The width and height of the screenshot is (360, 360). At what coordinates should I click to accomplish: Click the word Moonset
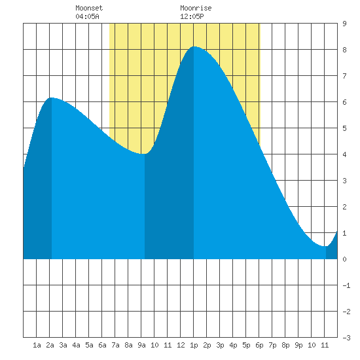[x=89, y=8]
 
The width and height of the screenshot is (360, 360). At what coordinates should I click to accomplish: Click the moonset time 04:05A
[x=87, y=16]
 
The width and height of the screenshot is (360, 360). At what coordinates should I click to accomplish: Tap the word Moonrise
[x=196, y=8]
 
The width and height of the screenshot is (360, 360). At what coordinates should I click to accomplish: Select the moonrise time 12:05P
[x=192, y=16]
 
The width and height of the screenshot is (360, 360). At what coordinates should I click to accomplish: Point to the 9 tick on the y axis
[x=344, y=24]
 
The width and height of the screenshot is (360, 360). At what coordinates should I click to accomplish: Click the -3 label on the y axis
[x=346, y=338]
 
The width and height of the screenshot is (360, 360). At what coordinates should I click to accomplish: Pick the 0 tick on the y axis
[x=344, y=259]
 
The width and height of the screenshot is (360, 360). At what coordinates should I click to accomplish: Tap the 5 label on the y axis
[x=344, y=128]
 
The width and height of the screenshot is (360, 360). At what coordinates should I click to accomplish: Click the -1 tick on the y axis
[x=346, y=285]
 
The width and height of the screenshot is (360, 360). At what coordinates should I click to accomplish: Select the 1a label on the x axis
[x=37, y=345]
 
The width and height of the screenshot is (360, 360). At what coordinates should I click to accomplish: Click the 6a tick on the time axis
[x=102, y=345]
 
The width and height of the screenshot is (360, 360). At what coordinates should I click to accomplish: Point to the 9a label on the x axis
[x=141, y=345]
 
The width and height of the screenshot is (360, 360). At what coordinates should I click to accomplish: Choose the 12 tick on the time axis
[x=181, y=345]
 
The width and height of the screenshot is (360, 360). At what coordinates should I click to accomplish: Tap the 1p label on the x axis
[x=194, y=345]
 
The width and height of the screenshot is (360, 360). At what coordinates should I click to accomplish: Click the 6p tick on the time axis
[x=259, y=345]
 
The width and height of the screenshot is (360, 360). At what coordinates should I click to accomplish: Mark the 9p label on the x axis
[x=298, y=345]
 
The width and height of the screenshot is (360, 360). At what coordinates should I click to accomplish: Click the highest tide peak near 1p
[x=194, y=46]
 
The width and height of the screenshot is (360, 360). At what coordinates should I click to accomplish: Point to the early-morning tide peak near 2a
[x=52, y=98]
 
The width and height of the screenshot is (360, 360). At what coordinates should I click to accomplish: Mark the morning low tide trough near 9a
[x=144, y=154]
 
